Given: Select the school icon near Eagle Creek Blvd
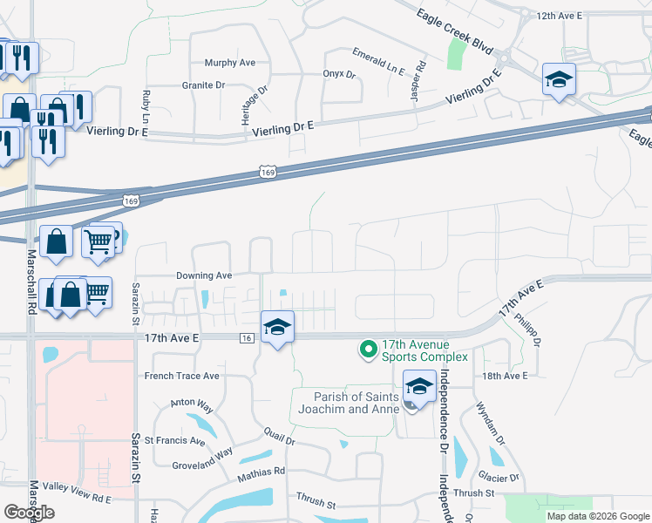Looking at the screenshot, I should point(558,81).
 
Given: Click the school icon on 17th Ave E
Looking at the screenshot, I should point(278,328).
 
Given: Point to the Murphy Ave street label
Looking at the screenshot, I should point(229,63).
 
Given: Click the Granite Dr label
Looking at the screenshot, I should point(203,85).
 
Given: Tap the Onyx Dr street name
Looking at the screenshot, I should point(339,75).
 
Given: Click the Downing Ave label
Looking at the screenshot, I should point(203,275).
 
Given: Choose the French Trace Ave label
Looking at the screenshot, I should point(181,377).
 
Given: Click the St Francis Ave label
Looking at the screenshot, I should point(174,441).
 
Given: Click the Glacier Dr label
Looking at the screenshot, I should point(499,478).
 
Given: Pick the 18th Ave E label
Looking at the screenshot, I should point(506,376).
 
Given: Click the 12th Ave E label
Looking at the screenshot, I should point(558,16).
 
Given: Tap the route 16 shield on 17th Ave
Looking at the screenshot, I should point(248,337).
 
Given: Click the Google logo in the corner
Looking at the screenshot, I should point(28,513).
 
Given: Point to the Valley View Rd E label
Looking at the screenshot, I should point(78,499).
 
